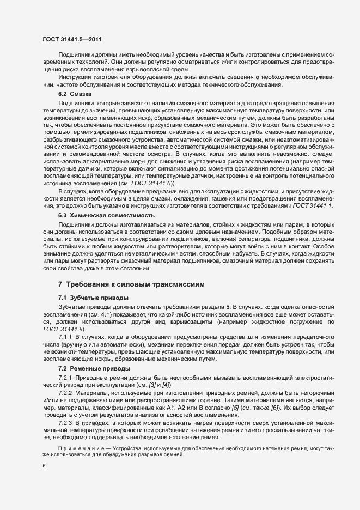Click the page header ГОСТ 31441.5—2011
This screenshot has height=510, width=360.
point(72,39)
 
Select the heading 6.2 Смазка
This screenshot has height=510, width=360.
point(75,94)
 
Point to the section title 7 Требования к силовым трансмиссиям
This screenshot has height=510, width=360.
point(131,285)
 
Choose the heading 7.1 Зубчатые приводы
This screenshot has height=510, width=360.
point(93,297)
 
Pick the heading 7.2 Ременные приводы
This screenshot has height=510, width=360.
point(94,369)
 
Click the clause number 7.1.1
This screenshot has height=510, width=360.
point(66,338)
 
